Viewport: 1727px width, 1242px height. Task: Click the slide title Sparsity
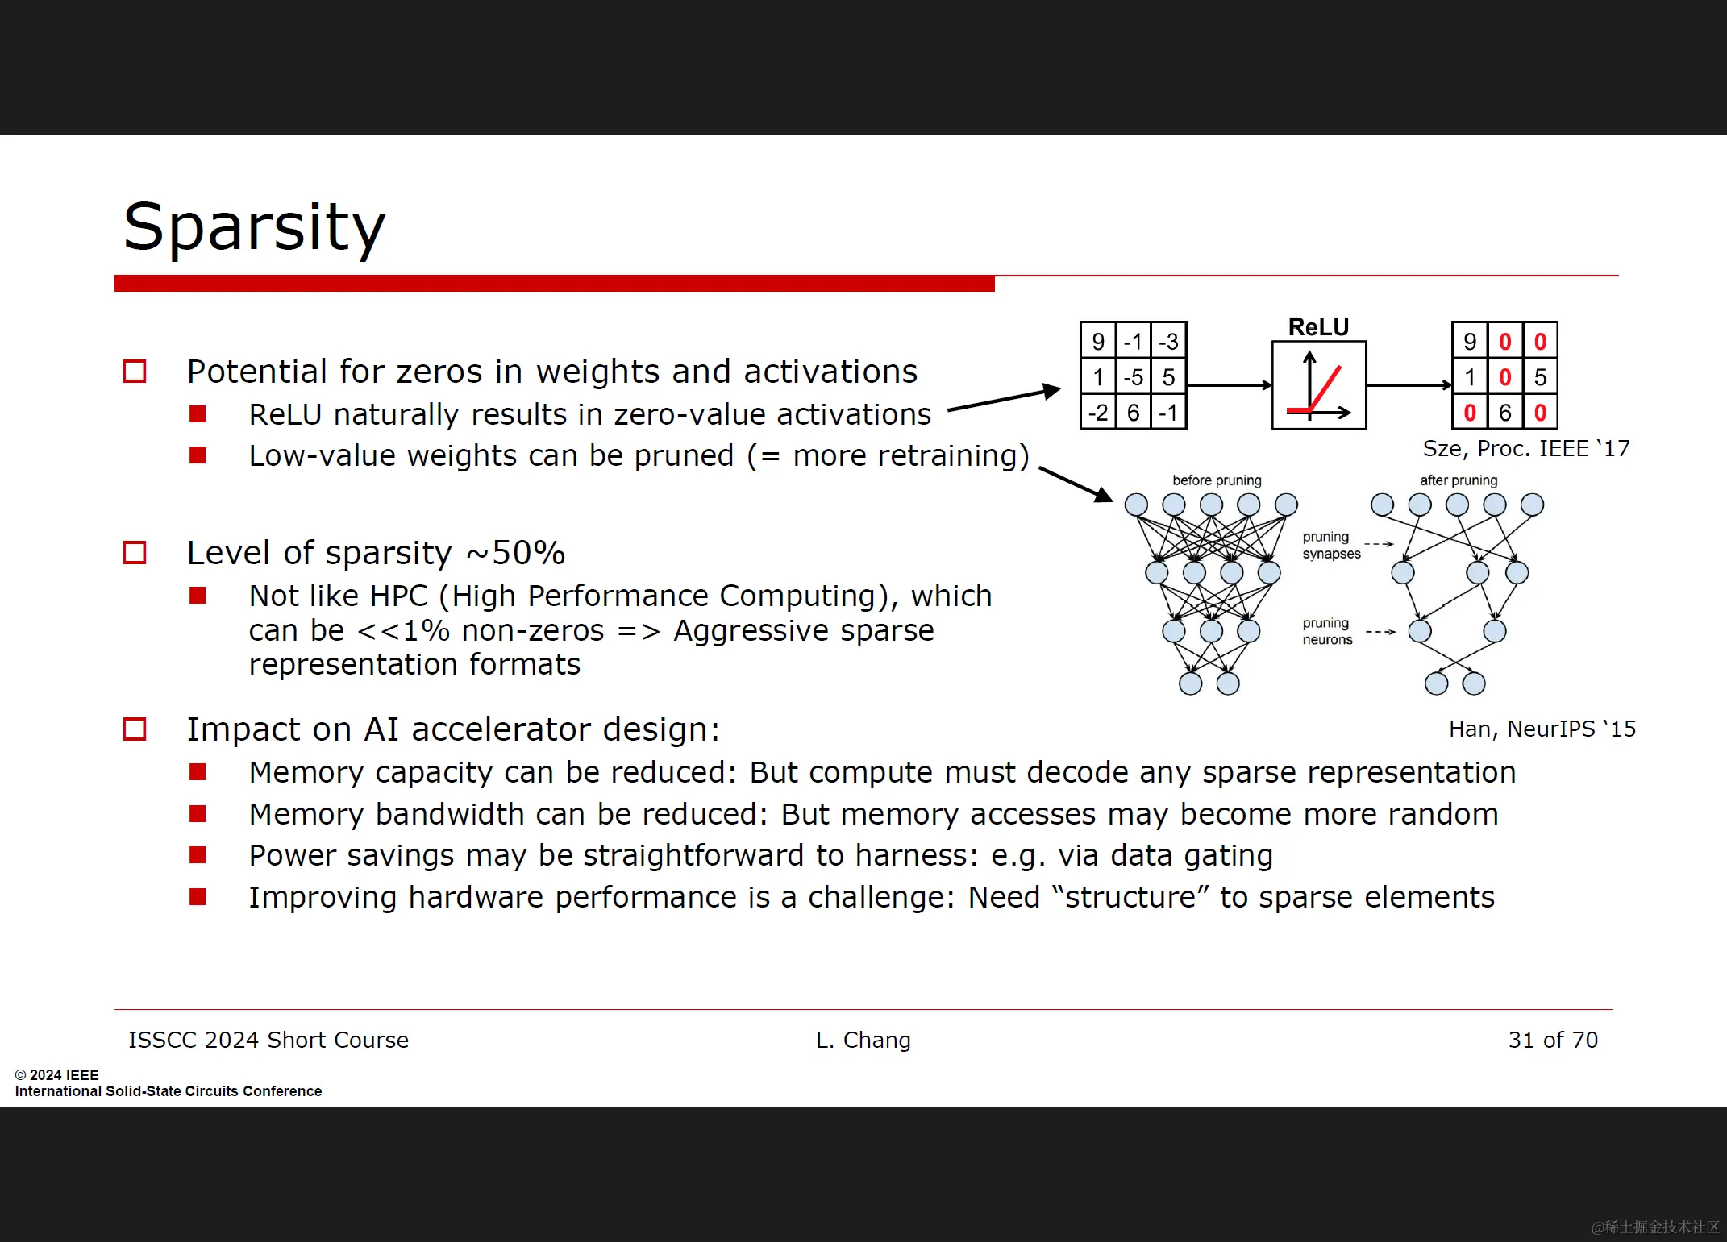point(254,227)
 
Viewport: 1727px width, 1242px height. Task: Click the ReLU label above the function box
point(1318,327)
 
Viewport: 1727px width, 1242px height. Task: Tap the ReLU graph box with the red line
point(1318,385)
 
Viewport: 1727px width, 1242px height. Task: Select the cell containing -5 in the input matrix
point(1134,377)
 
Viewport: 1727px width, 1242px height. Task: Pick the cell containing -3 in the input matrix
point(1168,342)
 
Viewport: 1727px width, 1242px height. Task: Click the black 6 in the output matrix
point(1504,413)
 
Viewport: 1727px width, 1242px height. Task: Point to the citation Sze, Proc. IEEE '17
point(1525,448)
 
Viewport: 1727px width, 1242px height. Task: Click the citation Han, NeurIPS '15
point(1542,729)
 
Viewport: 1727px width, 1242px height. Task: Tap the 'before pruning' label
point(1217,480)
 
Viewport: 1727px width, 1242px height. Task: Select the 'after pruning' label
point(1459,480)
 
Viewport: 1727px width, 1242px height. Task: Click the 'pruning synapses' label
point(1331,545)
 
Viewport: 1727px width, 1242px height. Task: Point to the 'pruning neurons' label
point(1327,631)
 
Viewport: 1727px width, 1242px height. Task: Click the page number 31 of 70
point(1553,1040)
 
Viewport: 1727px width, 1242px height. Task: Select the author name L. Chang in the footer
point(863,1040)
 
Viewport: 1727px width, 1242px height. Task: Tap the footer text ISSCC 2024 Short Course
point(268,1040)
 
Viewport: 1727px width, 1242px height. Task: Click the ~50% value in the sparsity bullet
point(517,553)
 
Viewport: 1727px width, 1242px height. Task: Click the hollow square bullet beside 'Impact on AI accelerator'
point(134,729)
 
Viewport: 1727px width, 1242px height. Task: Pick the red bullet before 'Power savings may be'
point(198,854)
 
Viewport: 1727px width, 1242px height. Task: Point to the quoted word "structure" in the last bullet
point(1130,897)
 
